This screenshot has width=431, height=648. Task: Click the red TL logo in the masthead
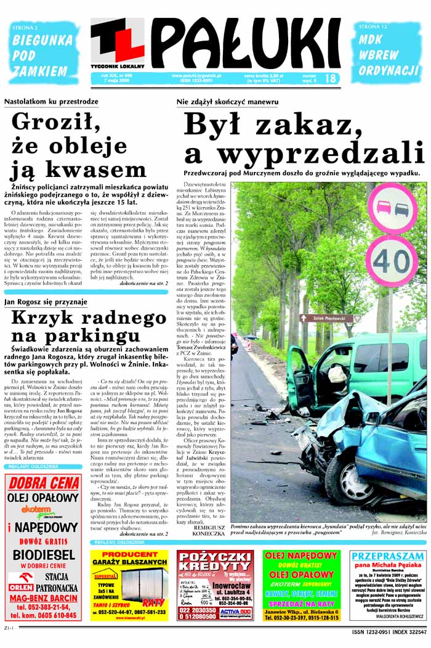point(118,40)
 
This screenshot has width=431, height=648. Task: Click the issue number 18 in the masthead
point(330,79)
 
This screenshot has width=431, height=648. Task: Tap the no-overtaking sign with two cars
point(392,207)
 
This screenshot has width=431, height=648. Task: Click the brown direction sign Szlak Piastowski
point(330,319)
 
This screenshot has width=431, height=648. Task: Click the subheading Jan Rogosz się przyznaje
point(46,302)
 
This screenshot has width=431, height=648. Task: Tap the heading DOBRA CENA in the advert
point(42,483)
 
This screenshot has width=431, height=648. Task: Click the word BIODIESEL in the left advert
point(43,553)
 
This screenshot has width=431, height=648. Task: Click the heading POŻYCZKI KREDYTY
point(215,562)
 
